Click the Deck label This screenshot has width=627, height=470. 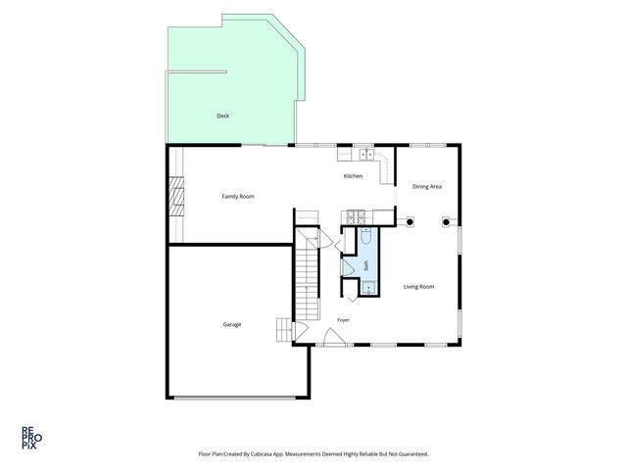[x=222, y=116]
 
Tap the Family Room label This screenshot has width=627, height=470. [x=238, y=196]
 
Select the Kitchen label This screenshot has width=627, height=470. [x=353, y=176]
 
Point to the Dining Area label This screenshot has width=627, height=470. [x=427, y=186]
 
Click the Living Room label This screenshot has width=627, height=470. [x=418, y=287]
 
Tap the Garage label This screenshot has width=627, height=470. [x=232, y=324]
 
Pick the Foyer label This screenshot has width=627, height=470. [x=343, y=320]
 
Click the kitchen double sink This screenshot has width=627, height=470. [x=366, y=154]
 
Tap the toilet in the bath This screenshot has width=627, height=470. [x=366, y=235]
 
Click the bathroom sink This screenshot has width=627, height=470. [x=368, y=288]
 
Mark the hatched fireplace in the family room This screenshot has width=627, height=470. [x=176, y=196]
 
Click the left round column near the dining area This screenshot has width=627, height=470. [x=410, y=221]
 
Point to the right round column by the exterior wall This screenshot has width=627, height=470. [x=446, y=222]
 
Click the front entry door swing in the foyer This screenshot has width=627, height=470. [x=334, y=337]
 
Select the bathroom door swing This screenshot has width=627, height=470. [x=347, y=267]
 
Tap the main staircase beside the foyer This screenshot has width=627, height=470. [x=307, y=274]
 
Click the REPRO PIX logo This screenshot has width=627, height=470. [x=31, y=438]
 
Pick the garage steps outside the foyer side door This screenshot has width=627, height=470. [x=284, y=330]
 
